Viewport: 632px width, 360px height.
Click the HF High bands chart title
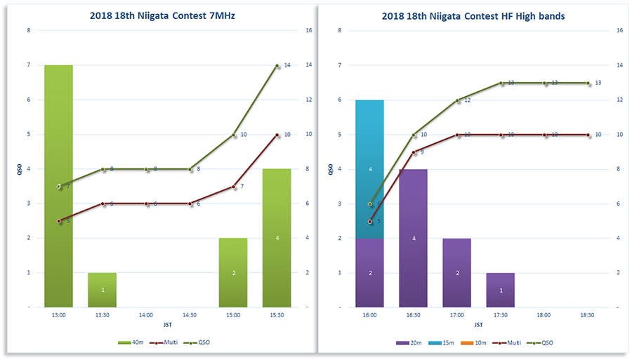click(473, 15)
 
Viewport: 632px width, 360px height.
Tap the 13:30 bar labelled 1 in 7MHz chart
click(103, 289)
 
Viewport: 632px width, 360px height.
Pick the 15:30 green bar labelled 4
click(277, 238)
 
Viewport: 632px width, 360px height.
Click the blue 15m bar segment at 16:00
click(370, 168)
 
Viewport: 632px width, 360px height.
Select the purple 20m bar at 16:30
click(414, 238)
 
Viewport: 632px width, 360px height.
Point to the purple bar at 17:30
click(501, 289)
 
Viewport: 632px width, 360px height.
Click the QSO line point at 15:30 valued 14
click(277, 65)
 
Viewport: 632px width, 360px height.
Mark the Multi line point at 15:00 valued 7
click(234, 187)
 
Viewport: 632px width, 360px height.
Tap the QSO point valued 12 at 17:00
click(457, 100)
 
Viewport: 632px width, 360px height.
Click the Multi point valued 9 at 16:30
click(414, 152)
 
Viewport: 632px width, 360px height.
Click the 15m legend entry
click(436, 342)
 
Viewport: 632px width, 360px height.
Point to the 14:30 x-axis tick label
click(190, 316)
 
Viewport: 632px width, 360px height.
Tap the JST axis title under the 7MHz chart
click(167, 325)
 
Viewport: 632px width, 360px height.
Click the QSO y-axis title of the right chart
click(331, 168)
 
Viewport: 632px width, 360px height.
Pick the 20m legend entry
click(403, 342)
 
